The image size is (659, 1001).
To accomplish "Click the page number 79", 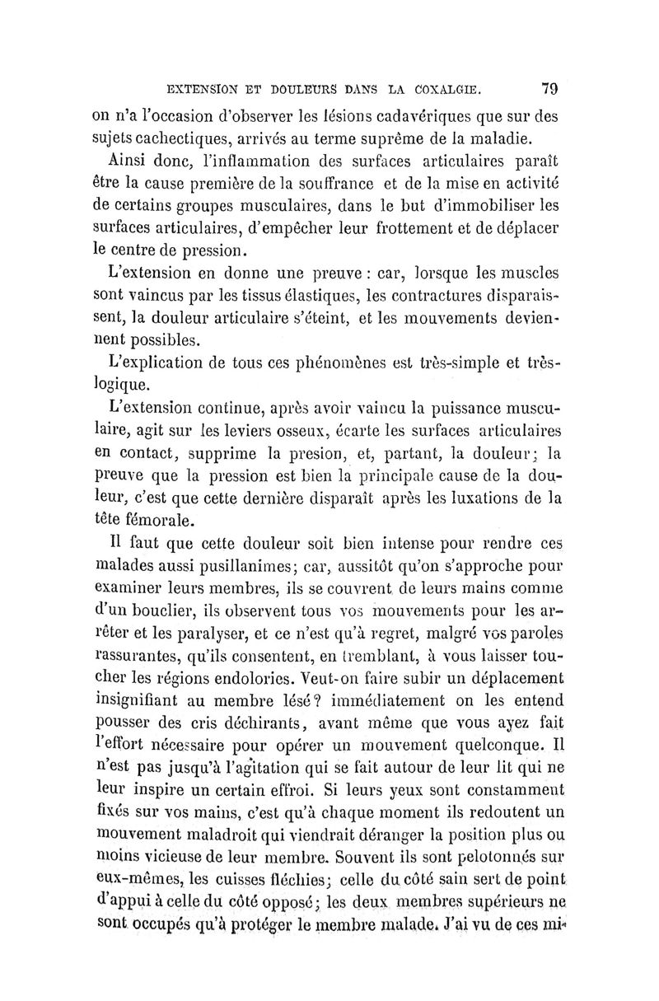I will click(x=550, y=87).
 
